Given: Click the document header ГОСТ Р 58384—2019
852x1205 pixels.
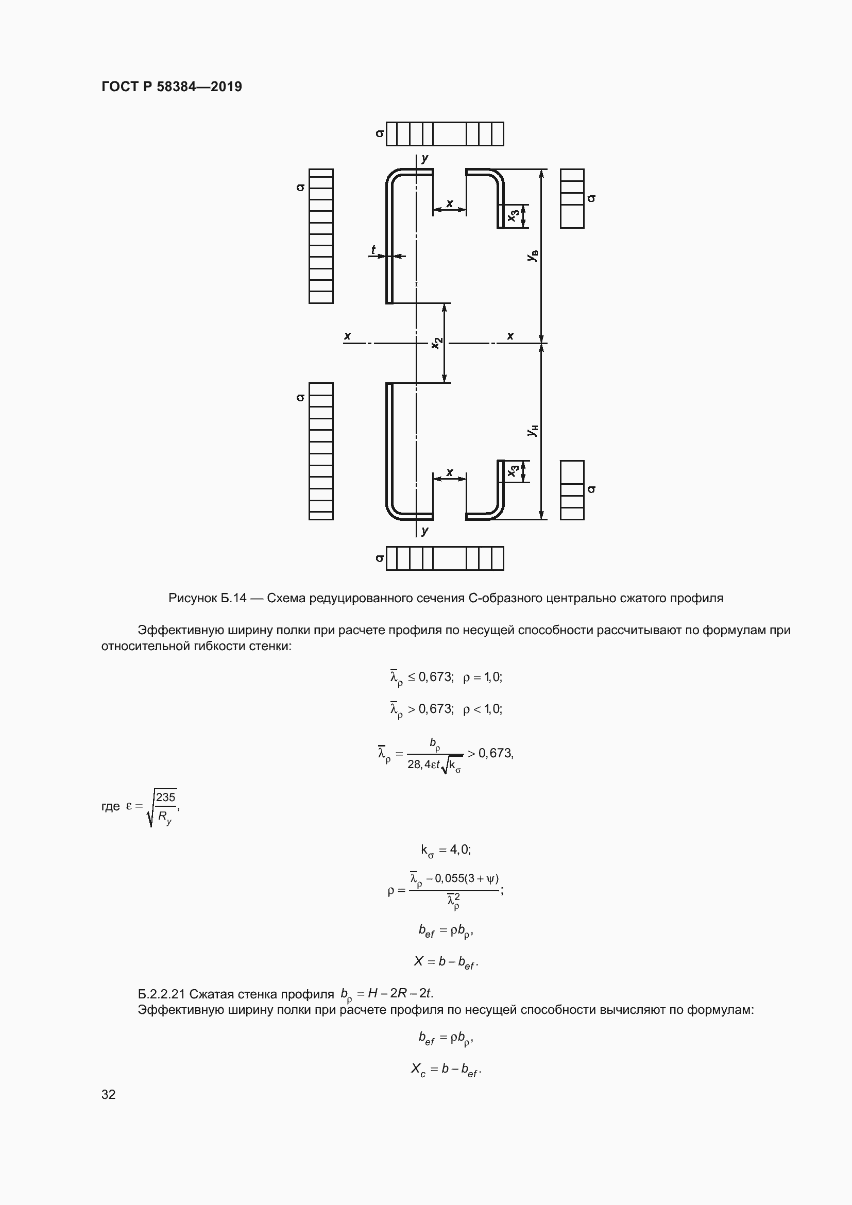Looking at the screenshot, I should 172,87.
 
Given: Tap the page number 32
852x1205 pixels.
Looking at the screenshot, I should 108,1094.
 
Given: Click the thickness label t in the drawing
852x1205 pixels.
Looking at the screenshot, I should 373,250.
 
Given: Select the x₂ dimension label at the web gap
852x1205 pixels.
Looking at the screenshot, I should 437,343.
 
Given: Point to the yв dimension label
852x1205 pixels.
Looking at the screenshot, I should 533,256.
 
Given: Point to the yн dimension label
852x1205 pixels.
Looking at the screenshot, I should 533,431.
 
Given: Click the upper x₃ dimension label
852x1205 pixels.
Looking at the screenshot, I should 514,215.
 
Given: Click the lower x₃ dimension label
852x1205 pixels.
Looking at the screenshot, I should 514,471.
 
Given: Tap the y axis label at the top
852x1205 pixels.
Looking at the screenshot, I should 425,158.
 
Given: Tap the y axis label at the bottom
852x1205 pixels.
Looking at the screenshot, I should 425,530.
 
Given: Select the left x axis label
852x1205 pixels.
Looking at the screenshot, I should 347,336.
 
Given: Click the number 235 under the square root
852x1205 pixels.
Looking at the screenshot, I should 165,797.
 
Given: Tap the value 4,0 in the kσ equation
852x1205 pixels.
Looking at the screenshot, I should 459,849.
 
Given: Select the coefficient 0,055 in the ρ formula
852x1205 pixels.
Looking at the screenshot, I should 448,878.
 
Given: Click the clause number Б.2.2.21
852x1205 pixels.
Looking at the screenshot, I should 161,994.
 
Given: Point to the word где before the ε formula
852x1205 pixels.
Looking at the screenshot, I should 110,806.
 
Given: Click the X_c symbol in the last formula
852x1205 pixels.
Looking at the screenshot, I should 418,1068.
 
